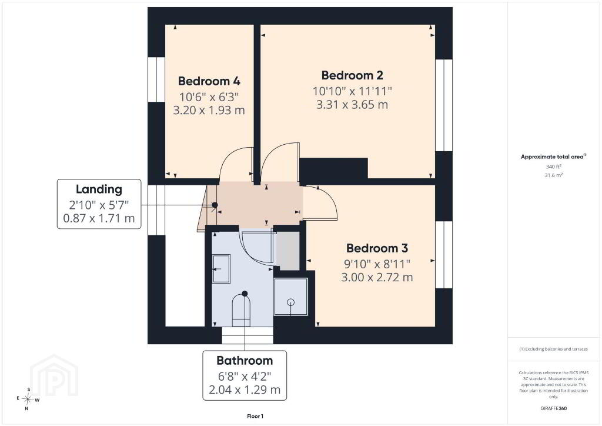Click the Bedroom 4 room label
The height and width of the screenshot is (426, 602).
(x=209, y=81)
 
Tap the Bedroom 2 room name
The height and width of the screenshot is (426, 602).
(x=352, y=75)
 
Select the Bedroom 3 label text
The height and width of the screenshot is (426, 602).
(x=377, y=248)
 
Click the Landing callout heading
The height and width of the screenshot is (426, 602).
(x=99, y=189)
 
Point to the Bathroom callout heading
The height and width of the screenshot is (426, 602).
(x=245, y=360)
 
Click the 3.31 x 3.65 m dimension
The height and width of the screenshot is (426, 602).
(x=352, y=105)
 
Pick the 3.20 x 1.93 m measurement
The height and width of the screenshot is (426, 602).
(x=209, y=110)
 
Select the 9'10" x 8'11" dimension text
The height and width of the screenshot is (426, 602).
(x=377, y=264)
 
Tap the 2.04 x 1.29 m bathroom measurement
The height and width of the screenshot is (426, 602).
(x=245, y=390)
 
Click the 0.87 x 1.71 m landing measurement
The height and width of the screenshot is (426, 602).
(x=99, y=218)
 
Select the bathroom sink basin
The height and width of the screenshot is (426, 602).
(x=221, y=268)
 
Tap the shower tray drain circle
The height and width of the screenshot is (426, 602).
(x=290, y=302)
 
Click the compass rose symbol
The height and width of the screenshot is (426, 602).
(x=28, y=399)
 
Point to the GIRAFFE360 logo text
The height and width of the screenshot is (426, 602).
(x=553, y=408)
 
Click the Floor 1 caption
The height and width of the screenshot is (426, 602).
(x=255, y=417)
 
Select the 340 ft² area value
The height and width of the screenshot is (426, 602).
(x=554, y=167)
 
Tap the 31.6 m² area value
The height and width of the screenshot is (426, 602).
(x=554, y=175)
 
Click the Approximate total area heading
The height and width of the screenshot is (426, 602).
(x=553, y=157)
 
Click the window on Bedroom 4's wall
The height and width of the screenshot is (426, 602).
(x=156, y=80)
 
